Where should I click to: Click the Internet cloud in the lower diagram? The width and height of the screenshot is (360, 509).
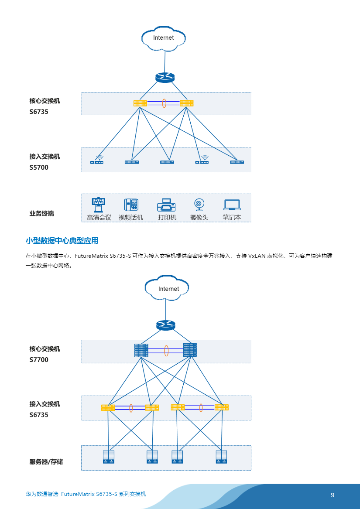coord(168,288)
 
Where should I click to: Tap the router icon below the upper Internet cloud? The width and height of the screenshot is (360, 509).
coord(165,77)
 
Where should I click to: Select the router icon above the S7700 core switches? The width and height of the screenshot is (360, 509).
coord(165,325)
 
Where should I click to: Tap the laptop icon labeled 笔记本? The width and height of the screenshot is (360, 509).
coord(232,205)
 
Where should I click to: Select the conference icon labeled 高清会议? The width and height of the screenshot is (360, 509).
coord(99,205)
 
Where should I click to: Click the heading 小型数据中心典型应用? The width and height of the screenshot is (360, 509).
coord(62,240)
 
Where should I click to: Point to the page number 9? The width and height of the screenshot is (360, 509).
coord(333,495)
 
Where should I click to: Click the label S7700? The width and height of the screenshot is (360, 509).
coord(39,360)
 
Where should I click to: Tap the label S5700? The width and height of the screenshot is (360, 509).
coord(39,167)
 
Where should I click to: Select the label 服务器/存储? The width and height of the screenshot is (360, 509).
coord(46,461)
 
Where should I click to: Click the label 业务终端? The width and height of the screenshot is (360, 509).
coord(41,213)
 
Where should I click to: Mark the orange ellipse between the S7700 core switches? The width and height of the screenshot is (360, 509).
coord(166,351)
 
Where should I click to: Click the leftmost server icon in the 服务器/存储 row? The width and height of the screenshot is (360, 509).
coord(108,456)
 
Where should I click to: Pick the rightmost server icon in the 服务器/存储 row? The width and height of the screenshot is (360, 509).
coord(221,456)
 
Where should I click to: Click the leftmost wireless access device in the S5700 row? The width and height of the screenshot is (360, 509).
coord(97,161)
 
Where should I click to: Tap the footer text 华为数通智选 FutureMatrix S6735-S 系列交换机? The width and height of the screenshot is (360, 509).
coord(86,494)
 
